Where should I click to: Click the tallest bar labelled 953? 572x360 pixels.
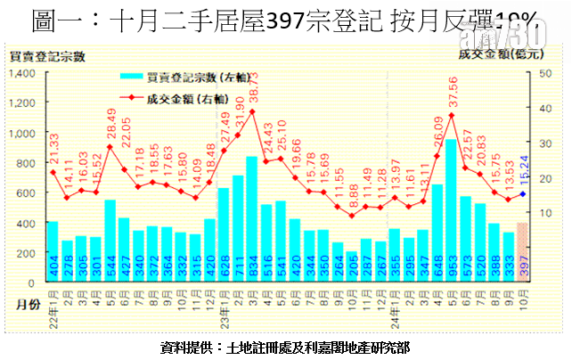[x=451, y=210]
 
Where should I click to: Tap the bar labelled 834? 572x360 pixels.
[x=252, y=219]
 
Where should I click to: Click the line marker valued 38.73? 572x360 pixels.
[x=252, y=110]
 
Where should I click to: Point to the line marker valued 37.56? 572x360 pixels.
[x=451, y=115]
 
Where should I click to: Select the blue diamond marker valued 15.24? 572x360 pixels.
[x=523, y=193]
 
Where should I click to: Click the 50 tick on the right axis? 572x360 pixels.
[x=546, y=72]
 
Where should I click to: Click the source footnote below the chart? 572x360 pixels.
[x=285, y=346]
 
